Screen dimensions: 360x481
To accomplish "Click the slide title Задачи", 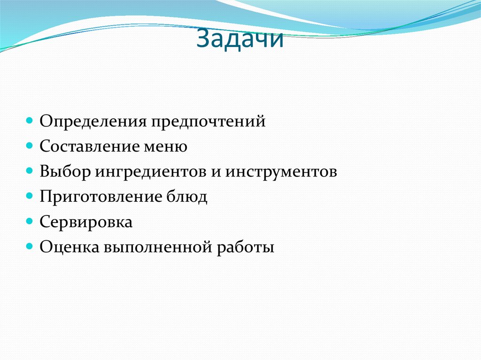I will click(240, 39).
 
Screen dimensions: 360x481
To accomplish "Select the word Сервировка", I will click(86, 222).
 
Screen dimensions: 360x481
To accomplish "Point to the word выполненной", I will click(157, 247).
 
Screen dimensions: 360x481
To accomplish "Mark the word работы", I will click(245, 247).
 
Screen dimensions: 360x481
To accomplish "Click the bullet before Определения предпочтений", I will click(29, 121).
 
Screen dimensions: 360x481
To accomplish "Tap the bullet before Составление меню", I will click(29, 146).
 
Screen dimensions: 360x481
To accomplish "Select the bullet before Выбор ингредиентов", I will click(29, 171).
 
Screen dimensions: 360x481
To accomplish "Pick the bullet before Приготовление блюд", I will click(29, 196).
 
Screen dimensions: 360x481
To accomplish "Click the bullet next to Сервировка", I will click(29, 222).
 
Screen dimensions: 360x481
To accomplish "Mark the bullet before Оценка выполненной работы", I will click(29, 246).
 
